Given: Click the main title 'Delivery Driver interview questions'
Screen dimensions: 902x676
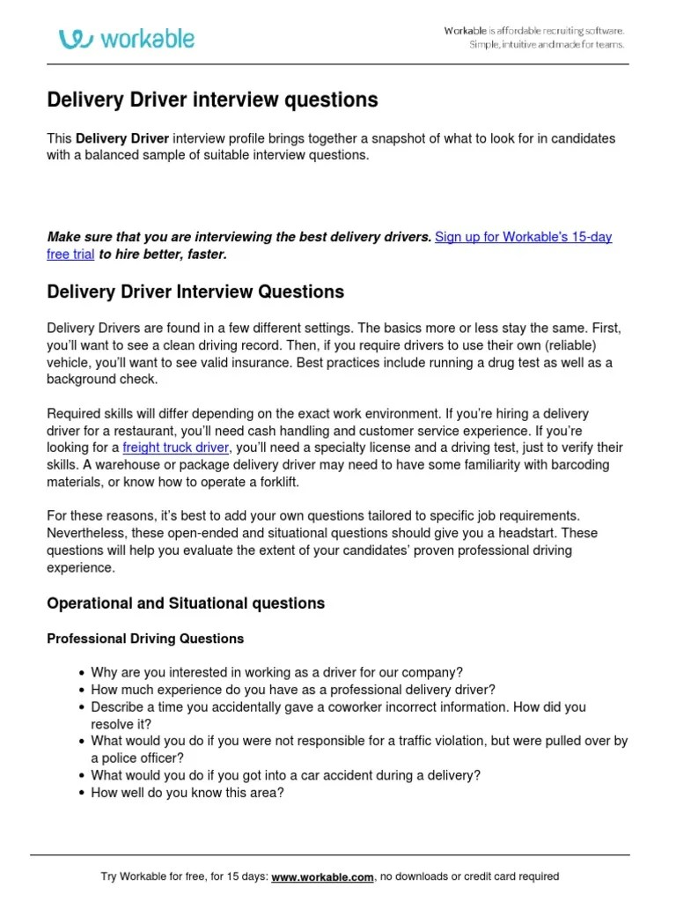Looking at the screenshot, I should pyautogui.click(x=212, y=100).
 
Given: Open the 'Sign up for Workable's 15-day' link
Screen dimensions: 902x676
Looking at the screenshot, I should pyautogui.click(x=523, y=237).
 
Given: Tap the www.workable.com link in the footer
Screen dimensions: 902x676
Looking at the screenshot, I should pyautogui.click(x=323, y=876).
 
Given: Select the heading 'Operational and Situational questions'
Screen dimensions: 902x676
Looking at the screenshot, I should pyautogui.click(x=185, y=603).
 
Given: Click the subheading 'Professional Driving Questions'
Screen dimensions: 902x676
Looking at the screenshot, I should pyautogui.click(x=145, y=638).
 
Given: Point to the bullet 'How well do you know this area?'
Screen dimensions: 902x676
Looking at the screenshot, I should pyautogui.click(x=187, y=792).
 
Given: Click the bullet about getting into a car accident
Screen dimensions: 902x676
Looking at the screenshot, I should pyautogui.click(x=285, y=775).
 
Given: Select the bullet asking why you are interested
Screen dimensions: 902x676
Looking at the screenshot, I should pyautogui.click(x=277, y=672).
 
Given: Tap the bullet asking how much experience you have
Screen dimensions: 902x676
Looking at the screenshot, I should pyautogui.click(x=293, y=690).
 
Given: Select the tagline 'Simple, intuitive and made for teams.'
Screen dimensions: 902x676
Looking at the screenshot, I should pyautogui.click(x=546, y=44).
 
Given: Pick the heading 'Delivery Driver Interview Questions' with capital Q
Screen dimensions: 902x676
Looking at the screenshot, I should pyautogui.click(x=195, y=292).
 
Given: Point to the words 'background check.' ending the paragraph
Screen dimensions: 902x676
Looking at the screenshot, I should pyautogui.click(x=102, y=379).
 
